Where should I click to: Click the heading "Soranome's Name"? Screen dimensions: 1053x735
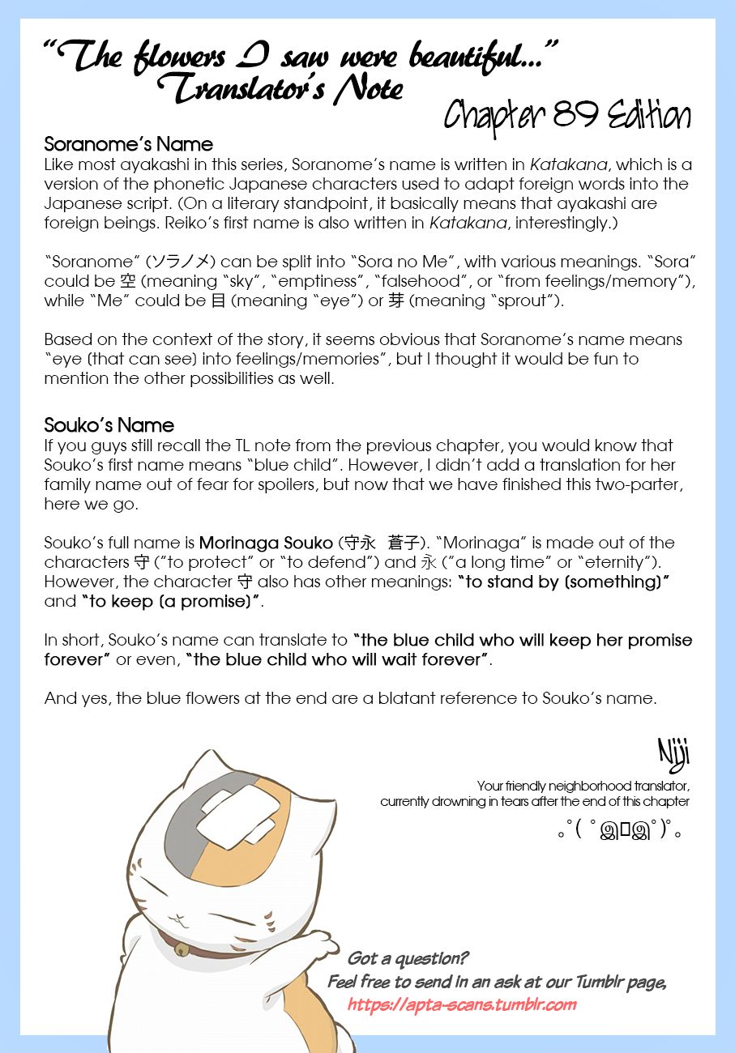[x=128, y=145]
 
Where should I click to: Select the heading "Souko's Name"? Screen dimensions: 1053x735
[x=109, y=425]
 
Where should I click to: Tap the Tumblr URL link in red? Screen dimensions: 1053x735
[x=462, y=1004]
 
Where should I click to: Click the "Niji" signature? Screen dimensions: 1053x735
[x=673, y=755]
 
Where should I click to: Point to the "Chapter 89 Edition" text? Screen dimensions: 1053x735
[x=567, y=117]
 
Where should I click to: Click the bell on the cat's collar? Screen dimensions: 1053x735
[x=182, y=950]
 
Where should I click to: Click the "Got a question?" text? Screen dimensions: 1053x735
[x=408, y=959]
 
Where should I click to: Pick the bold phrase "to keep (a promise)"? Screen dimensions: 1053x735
[x=171, y=601]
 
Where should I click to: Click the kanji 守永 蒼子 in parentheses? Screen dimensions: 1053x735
[x=380, y=543]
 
